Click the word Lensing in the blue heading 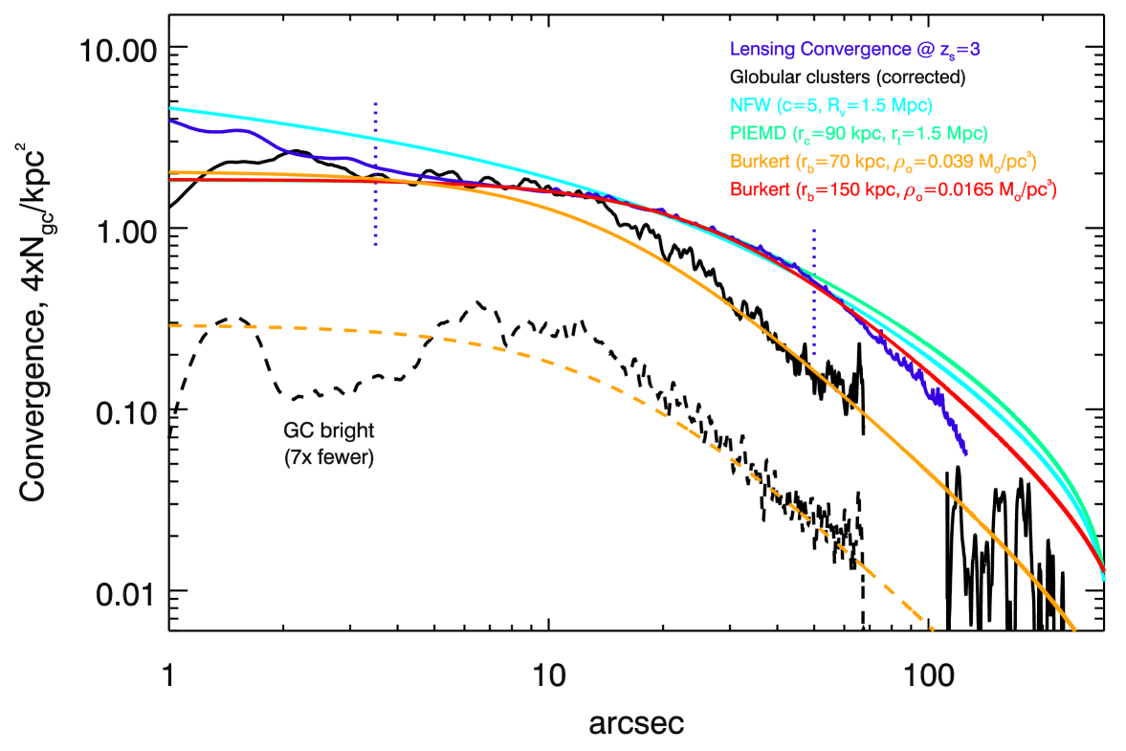click(x=761, y=50)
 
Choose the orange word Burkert click(x=760, y=162)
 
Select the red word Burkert click(x=760, y=190)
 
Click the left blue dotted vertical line click(x=375, y=172)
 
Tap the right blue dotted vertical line click(x=814, y=292)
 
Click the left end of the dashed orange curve click(x=172, y=326)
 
